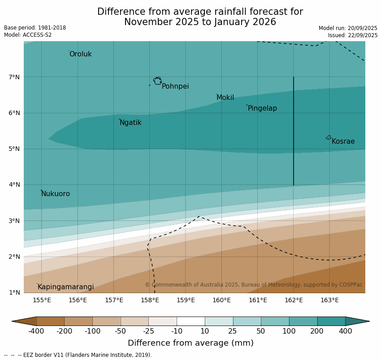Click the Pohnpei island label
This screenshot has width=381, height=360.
[175, 86]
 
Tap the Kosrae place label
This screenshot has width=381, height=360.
[343, 141]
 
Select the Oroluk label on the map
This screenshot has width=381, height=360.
[80, 54]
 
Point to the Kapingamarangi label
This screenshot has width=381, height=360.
[65, 287]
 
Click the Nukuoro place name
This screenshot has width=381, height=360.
[56, 194]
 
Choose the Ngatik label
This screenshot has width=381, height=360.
[130, 123]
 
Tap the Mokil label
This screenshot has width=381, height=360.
[225, 98]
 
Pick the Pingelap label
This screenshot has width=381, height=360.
[262, 108]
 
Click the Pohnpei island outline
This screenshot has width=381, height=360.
[157, 81]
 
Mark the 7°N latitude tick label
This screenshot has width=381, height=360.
[14, 77]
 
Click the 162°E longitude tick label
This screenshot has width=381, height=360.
[294, 300]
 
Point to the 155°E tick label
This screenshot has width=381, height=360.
[42, 300]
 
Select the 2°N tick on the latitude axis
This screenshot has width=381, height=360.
[14, 257]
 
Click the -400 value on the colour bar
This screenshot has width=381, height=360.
[36, 331]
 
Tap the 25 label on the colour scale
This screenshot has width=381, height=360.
[233, 331]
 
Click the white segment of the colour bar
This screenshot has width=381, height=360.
[190, 321]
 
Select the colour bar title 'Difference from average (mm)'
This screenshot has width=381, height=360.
[190, 343]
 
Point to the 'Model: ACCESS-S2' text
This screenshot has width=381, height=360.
[28, 35]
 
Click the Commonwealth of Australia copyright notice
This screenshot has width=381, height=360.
[253, 285]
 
